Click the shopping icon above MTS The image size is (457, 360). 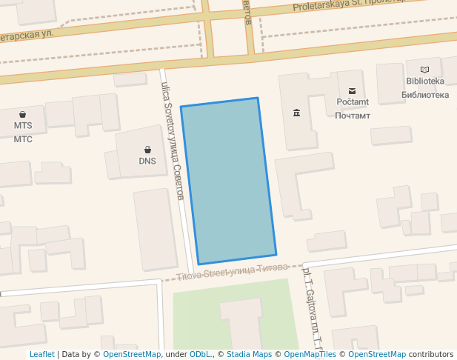[x=23, y=114]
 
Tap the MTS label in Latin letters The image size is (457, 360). [x=23, y=126]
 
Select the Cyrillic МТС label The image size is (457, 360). [x=23, y=139]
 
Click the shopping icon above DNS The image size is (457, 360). [x=147, y=150]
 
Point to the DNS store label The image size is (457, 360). [x=147, y=161]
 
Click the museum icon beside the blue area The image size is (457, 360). [x=296, y=113]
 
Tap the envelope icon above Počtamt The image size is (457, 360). [x=352, y=90]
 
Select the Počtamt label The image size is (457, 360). [x=352, y=102]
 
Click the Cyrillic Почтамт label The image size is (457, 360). [x=352, y=116]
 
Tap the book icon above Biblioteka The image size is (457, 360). [x=424, y=70]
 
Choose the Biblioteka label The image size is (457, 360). [x=424, y=81]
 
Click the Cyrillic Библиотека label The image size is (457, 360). [x=424, y=95]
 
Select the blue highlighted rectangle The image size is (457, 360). [x=228, y=181]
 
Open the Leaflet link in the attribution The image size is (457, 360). [x=41, y=355]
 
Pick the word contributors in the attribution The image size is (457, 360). [x=431, y=355]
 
